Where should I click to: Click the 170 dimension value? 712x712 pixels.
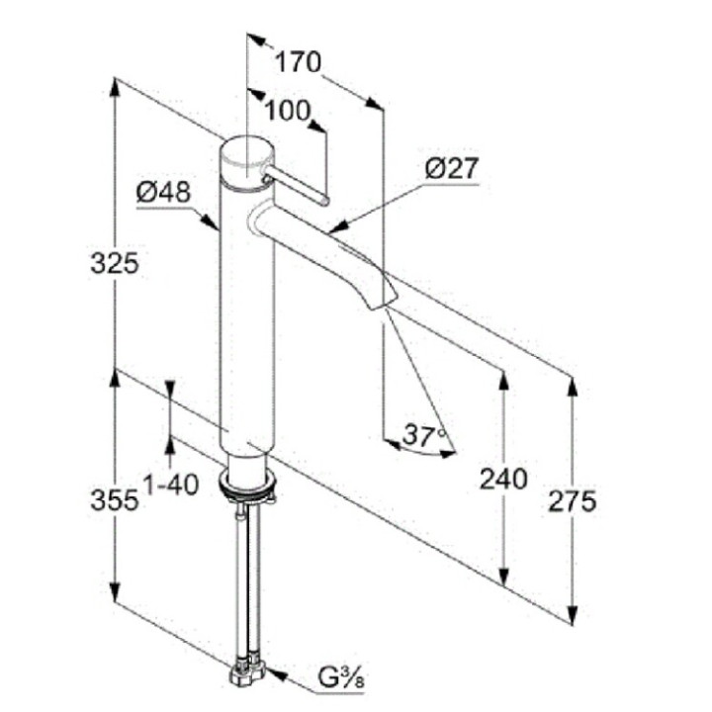[299, 61]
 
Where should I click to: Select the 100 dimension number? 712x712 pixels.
[288, 111]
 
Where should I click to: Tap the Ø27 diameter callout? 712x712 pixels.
[452, 168]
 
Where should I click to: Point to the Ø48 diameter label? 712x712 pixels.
[163, 193]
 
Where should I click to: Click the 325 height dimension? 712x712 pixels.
[115, 263]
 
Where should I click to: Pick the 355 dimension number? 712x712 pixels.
[115, 500]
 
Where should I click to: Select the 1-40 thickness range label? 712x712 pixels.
[171, 484]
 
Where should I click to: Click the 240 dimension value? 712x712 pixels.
[504, 479]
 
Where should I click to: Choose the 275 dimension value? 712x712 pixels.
[573, 501]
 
